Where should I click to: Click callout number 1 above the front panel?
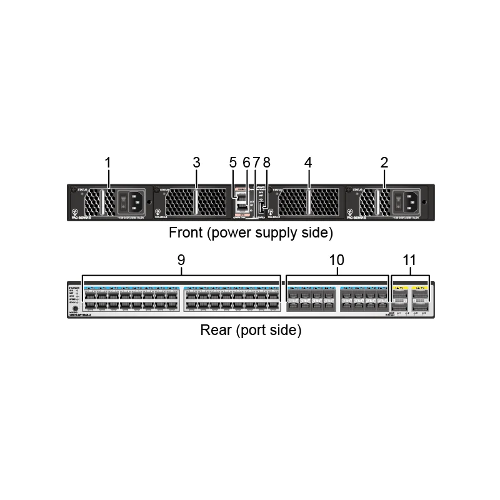pyautogui.click(x=107, y=162)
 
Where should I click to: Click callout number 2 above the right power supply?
pyautogui.click(x=384, y=162)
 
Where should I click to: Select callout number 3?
pyautogui.click(x=196, y=162)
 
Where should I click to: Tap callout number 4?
pyautogui.click(x=308, y=162)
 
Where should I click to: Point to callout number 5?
pyautogui.click(x=233, y=162)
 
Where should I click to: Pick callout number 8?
pyautogui.click(x=267, y=162)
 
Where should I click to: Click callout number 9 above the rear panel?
pyautogui.click(x=181, y=259)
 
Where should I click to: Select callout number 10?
pyautogui.click(x=337, y=259)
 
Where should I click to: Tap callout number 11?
pyautogui.click(x=409, y=259)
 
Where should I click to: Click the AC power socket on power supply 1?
pyautogui.click(x=139, y=202)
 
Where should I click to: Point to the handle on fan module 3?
pyautogui.click(x=196, y=202)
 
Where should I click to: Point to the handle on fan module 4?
pyautogui.click(x=308, y=202)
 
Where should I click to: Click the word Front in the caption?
pyautogui.click(x=185, y=234)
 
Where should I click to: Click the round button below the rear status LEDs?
pyautogui.click(x=75, y=308)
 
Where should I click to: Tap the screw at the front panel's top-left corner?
pyautogui.click(x=74, y=189)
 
